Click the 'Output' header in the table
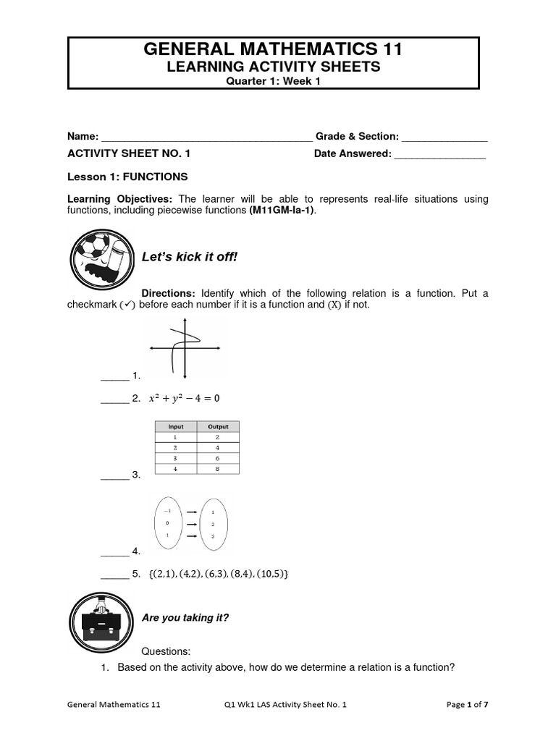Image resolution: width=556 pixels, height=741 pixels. pos(218,427)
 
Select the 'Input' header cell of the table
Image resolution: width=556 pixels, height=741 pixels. pos(175,427)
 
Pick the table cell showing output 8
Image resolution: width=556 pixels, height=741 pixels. pos(218,468)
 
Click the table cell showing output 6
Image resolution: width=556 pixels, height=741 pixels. pos(218,458)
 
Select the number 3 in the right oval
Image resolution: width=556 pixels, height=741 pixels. pos(212,535)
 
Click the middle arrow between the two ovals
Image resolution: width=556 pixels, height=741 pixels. pos(191,523)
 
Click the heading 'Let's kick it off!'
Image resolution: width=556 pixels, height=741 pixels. pos(189,257)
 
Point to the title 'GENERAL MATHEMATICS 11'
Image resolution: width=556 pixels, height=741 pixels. pos(274,49)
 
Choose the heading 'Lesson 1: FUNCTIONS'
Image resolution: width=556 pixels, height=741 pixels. pos(127,177)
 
